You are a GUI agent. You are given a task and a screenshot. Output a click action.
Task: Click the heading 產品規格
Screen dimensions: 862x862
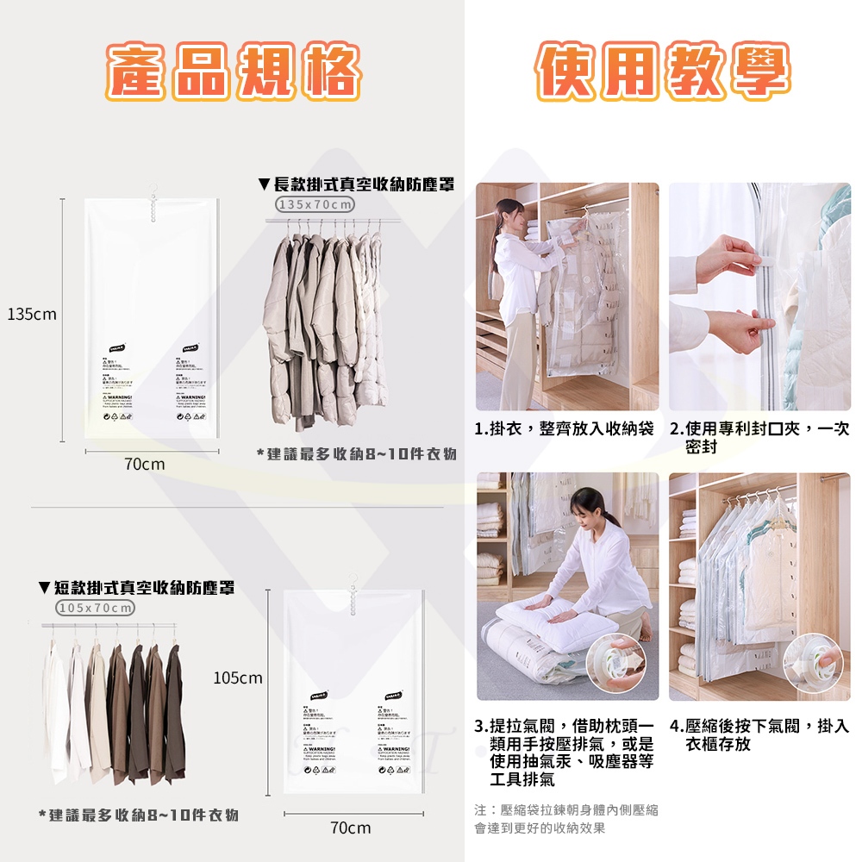tap(233, 71)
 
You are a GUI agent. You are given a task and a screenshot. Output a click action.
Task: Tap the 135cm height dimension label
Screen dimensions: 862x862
tap(32, 314)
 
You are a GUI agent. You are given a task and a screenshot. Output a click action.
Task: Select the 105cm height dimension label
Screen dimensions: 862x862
tap(238, 678)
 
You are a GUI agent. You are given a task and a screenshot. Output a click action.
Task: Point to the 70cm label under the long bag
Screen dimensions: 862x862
tap(144, 465)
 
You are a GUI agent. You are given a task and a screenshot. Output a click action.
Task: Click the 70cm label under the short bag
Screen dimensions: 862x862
tap(351, 828)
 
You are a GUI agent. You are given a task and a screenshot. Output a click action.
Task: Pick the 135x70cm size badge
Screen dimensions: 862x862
tap(315, 204)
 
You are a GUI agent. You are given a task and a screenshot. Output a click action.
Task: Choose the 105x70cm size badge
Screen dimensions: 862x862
tap(96, 609)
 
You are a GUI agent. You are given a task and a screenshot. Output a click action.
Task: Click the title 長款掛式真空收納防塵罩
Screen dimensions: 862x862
tap(356, 184)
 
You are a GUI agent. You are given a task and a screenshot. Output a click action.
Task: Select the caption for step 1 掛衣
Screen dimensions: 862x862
tap(565, 429)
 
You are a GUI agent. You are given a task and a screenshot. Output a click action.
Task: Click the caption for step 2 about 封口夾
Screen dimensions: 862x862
tap(759, 437)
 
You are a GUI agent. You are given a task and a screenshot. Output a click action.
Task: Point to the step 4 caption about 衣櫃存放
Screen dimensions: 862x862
tap(759, 735)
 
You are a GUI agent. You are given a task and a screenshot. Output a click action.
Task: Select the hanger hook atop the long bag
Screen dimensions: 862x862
tap(153, 186)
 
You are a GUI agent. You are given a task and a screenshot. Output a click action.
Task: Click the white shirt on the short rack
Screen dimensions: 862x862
tap(56, 711)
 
